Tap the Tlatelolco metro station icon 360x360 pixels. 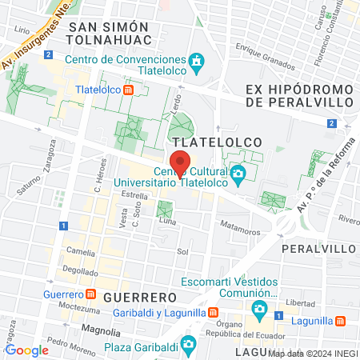(129, 90)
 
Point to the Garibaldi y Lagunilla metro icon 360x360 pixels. (214, 312)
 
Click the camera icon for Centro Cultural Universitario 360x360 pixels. (238, 174)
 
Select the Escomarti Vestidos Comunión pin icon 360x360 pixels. (259, 309)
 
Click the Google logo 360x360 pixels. (26, 350)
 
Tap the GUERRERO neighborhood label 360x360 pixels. (134, 297)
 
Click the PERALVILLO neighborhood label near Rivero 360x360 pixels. (319, 249)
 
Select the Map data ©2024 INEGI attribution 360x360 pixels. (313, 353)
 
